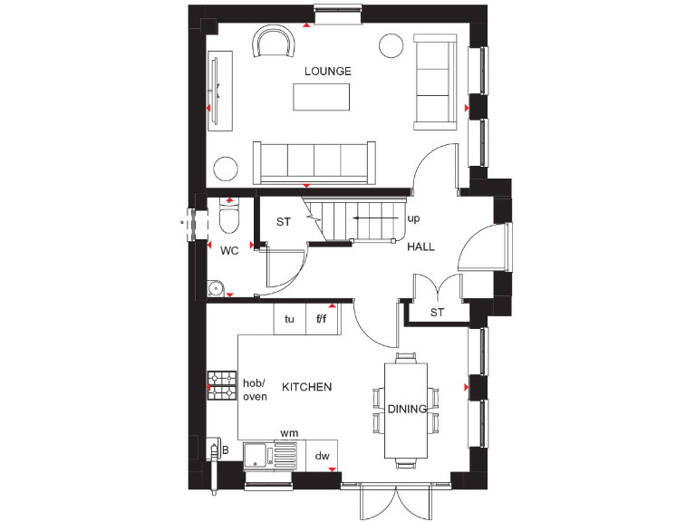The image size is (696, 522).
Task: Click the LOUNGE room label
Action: (327, 71)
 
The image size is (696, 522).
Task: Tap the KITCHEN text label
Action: (306, 387)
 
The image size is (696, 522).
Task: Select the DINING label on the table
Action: (407, 409)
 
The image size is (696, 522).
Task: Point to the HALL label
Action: (420, 246)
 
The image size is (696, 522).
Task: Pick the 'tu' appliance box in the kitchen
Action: (290, 319)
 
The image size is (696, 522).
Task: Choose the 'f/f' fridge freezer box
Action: (322, 319)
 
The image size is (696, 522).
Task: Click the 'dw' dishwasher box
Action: (322, 457)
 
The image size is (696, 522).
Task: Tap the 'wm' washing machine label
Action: (289, 434)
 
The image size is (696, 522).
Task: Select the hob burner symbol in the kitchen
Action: (222, 386)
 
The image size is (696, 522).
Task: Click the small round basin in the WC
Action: (216, 288)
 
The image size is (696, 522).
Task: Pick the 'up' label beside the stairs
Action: (413, 219)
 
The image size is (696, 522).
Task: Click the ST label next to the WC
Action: (283, 221)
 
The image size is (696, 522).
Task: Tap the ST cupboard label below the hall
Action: (438, 314)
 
